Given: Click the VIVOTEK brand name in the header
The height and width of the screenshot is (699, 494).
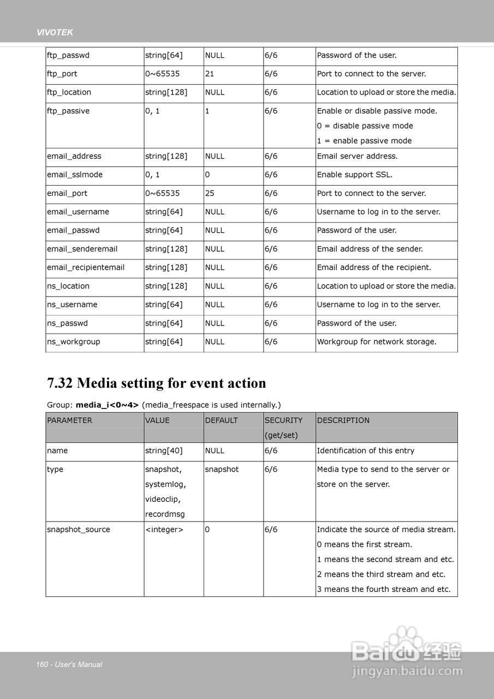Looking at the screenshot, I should tap(55, 33).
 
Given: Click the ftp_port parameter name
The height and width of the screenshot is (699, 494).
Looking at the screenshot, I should tap(62, 74).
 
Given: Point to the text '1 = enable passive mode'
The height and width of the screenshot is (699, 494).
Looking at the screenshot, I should tap(364, 141).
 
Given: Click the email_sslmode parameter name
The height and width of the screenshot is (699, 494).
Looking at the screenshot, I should tap(75, 175).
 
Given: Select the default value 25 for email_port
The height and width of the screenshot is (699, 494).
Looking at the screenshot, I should tap(210, 193).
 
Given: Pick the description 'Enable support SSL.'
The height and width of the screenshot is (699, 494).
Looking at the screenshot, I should tap(355, 175).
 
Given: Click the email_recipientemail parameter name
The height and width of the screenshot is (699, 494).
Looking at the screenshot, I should tap(86, 268).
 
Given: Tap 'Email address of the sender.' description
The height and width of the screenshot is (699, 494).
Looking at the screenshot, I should tap(370, 249).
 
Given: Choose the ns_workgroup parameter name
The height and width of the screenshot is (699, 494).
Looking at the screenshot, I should tap(74, 342).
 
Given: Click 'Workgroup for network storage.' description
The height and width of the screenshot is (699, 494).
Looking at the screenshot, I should tap(377, 342).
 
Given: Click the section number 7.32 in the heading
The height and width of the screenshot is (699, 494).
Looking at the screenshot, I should tap(60, 383).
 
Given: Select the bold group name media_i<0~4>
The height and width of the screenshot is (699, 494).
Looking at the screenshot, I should tap(107, 405).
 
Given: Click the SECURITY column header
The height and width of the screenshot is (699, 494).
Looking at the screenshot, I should tap(283, 420).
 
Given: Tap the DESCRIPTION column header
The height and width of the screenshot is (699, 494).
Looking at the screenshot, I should tap(343, 420).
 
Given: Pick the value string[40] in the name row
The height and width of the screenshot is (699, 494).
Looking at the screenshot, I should tap(164, 451).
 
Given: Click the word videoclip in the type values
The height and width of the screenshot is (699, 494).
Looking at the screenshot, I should tap(163, 499).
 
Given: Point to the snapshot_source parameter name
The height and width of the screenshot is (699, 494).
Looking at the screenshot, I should tap(79, 530).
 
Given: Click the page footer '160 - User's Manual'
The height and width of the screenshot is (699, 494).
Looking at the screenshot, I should tap(69, 665).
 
